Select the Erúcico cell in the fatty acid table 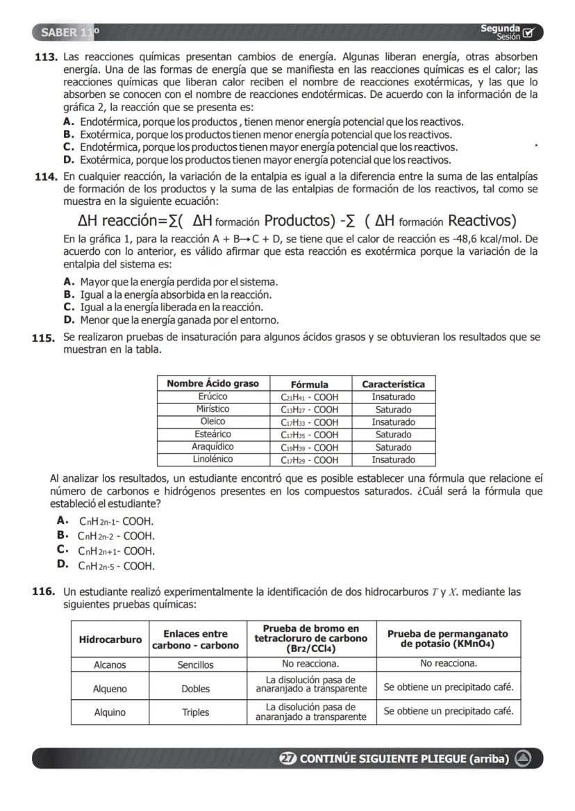coord(212,396)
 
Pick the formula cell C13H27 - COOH coord(310,409)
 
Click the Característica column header coord(394,384)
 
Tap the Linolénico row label coord(212,459)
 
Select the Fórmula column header coord(310,384)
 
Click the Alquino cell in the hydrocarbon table coord(110,712)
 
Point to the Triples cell coord(195,712)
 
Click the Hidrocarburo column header coord(110,639)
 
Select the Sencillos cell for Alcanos coord(195,664)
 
